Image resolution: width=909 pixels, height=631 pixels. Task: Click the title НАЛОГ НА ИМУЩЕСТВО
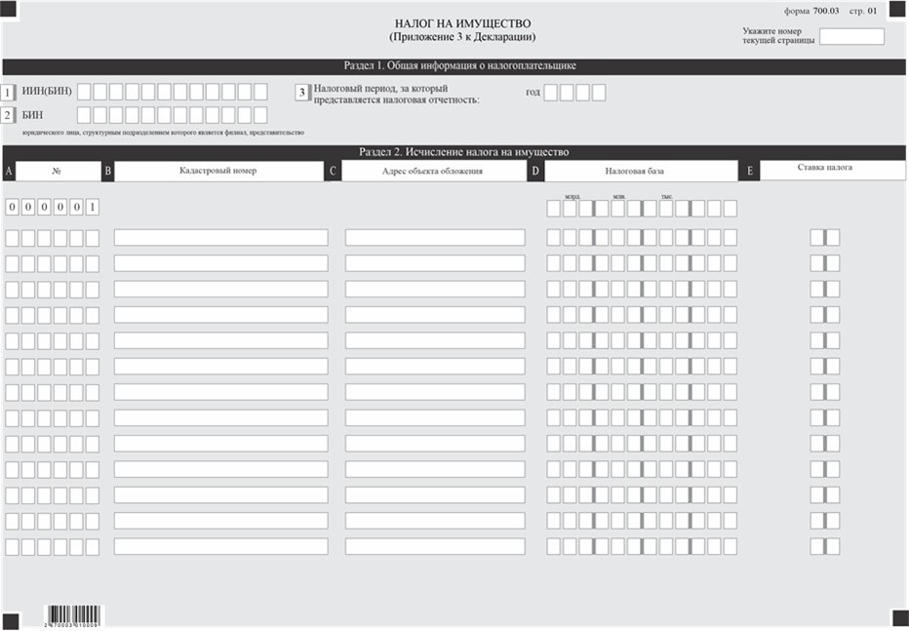[463, 22]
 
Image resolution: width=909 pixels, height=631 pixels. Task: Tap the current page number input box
[851, 37]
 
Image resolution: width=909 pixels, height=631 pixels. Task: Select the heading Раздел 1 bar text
[459, 66]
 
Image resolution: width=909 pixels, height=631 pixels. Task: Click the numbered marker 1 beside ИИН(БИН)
[8, 93]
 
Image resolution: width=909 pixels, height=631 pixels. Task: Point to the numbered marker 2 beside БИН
[8, 115]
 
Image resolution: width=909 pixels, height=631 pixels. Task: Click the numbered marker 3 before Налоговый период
[302, 93]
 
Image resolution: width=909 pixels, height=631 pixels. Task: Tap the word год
[533, 92]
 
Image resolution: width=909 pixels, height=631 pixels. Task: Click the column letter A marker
[9, 172]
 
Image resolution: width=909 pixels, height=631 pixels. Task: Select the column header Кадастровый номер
[217, 171]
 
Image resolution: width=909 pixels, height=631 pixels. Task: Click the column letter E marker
[749, 172]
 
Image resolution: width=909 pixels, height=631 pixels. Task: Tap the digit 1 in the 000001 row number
[92, 207]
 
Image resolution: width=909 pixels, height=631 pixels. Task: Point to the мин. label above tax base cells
[618, 196]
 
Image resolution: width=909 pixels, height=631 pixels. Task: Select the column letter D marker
[535, 172]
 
